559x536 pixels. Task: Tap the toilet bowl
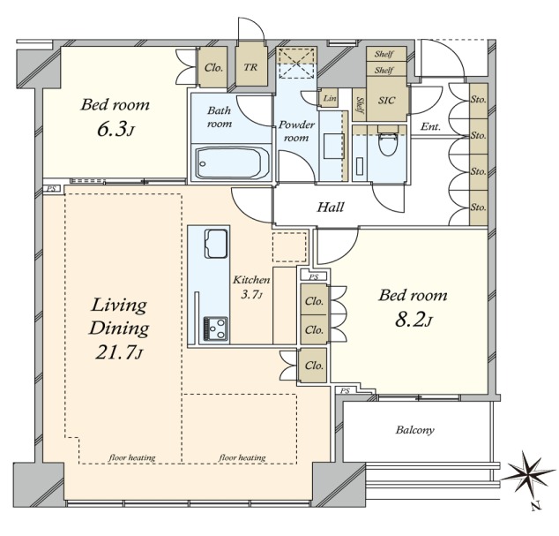[388, 141]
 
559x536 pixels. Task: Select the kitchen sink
[216, 244]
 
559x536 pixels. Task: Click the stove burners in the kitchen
[215, 328]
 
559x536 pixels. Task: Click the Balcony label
[414, 429]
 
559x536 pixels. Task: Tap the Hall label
[331, 207]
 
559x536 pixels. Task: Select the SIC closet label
[386, 100]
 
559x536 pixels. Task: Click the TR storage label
[250, 67]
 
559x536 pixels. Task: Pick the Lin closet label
[330, 97]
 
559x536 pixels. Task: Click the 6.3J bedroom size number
[115, 131]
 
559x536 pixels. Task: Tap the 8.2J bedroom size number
[414, 321]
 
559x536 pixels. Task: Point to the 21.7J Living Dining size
[119, 353]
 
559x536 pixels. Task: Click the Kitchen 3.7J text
[251, 286]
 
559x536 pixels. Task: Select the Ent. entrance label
[430, 126]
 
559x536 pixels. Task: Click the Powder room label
[296, 131]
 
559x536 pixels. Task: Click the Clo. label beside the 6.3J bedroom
[213, 67]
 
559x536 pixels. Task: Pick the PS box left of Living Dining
[52, 189]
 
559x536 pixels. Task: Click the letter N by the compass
[535, 506]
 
